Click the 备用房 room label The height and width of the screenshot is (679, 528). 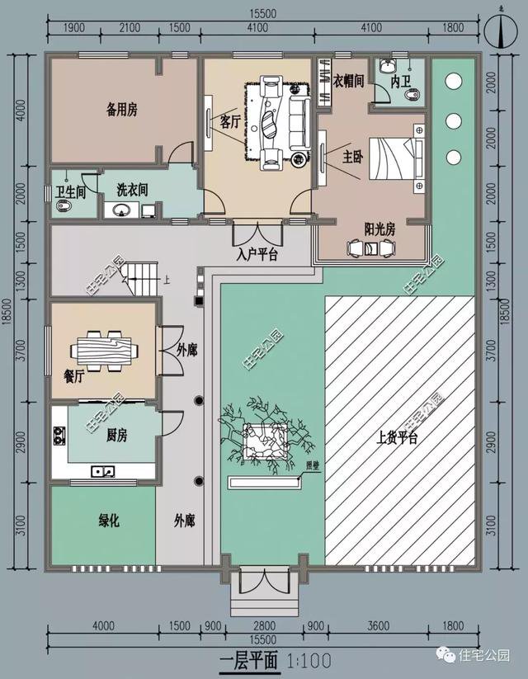[x=120, y=107]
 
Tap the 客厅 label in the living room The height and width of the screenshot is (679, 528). [x=230, y=122]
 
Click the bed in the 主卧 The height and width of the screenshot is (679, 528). [x=393, y=157]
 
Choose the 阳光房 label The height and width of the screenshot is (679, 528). [x=379, y=229]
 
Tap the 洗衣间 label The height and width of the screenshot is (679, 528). [x=132, y=189]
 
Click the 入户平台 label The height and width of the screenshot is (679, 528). [x=256, y=255]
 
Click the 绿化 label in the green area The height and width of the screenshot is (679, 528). [x=110, y=521]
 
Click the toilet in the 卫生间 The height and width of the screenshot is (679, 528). [x=66, y=208]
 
